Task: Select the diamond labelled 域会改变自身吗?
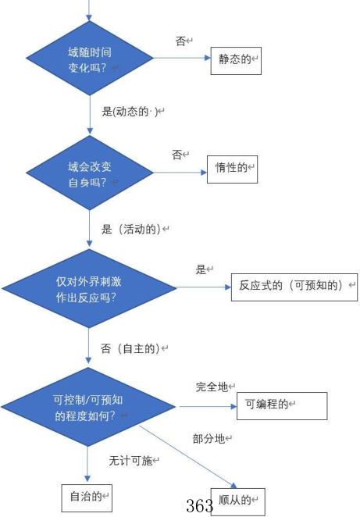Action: click(x=89, y=173)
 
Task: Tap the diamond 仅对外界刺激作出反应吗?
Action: click(x=89, y=288)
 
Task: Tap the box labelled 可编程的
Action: click(x=270, y=405)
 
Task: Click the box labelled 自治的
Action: click(x=87, y=497)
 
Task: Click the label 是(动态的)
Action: click(x=132, y=112)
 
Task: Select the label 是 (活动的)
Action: click(x=134, y=229)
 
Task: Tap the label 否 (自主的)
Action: click(x=134, y=348)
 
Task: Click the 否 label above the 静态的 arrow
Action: click(x=182, y=41)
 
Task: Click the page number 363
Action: click(x=200, y=506)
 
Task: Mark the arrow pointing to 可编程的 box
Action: click(x=207, y=406)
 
